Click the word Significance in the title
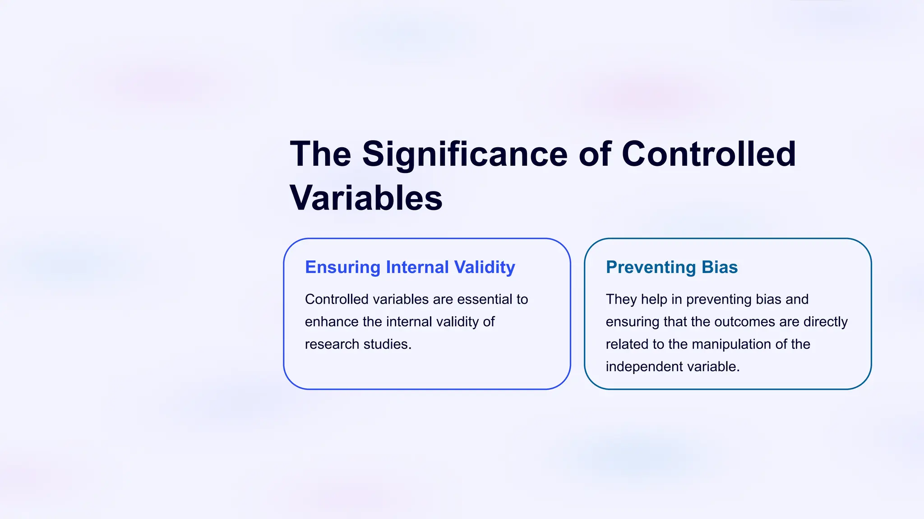[x=465, y=154]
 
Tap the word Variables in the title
[x=366, y=198]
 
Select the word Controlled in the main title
[x=708, y=154]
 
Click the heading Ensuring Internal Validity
[x=410, y=267]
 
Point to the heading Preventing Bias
[x=671, y=267]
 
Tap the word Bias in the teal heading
[x=720, y=267]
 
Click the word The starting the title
[x=320, y=154]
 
